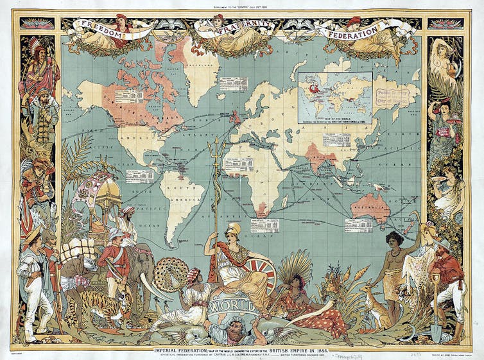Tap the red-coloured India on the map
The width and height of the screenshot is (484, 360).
pos(316,156)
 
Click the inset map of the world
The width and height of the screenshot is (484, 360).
pos(334,96)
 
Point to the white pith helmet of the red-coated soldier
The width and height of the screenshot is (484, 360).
pos(116,234)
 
